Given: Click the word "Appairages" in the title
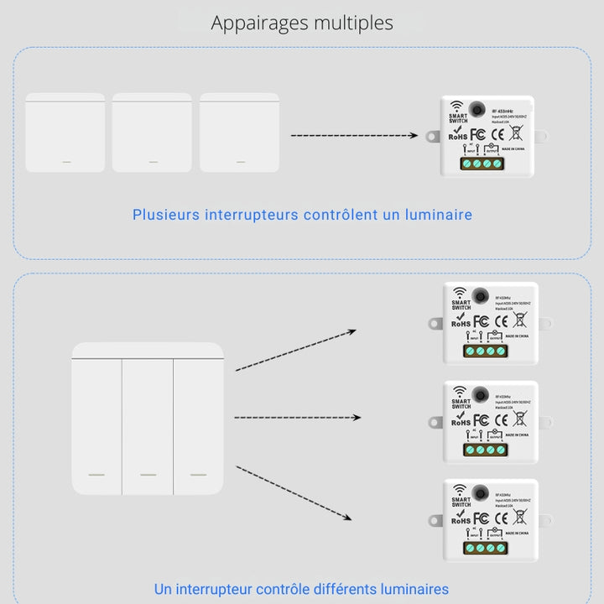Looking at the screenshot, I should [x=259, y=23].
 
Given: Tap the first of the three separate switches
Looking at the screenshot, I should [x=65, y=133].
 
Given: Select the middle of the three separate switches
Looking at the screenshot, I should [x=152, y=133].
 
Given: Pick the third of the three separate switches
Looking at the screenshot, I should [x=239, y=133].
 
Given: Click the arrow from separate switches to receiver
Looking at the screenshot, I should [x=353, y=135].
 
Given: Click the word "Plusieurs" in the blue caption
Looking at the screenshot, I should [x=166, y=215].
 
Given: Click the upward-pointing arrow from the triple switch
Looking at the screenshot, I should [x=295, y=350].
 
